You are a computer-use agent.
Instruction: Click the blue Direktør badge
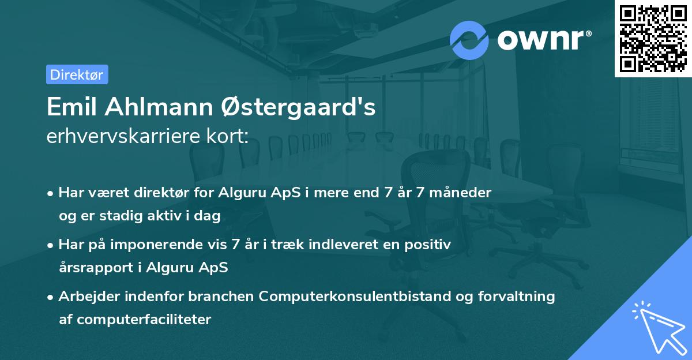click(x=77, y=74)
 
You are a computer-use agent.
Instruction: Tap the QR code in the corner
click(x=653, y=38)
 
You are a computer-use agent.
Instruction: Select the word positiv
click(x=427, y=245)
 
